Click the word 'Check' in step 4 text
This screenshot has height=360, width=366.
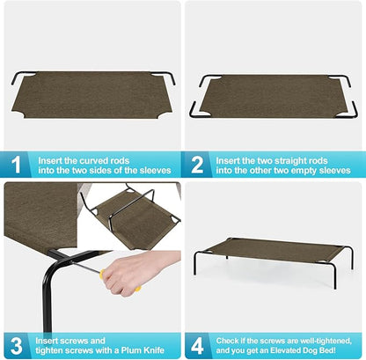(231, 336)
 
